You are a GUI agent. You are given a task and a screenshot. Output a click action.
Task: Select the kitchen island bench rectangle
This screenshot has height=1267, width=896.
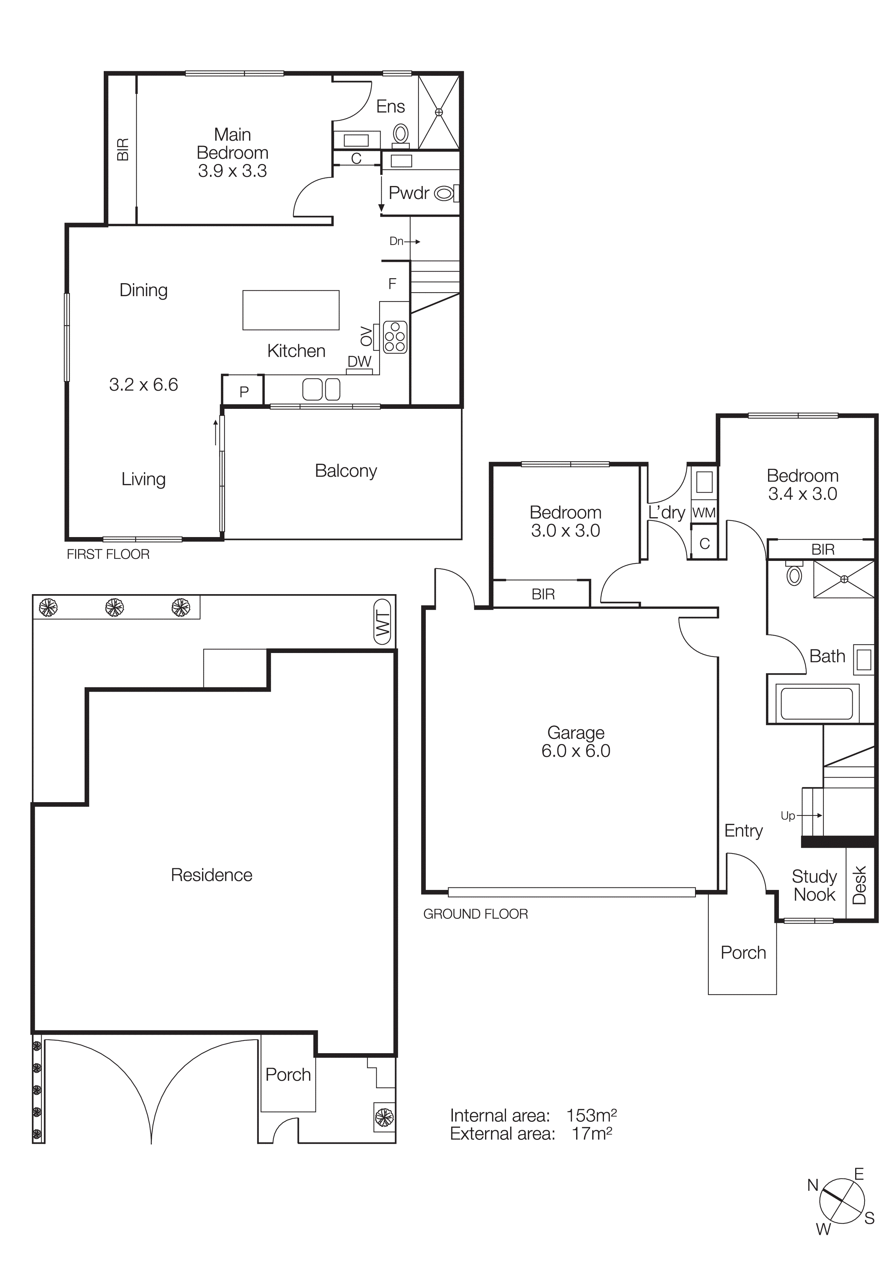click(291, 310)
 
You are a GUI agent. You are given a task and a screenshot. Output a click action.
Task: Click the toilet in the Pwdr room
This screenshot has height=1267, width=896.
click(445, 193)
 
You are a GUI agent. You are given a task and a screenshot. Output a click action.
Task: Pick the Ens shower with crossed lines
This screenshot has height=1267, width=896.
click(439, 112)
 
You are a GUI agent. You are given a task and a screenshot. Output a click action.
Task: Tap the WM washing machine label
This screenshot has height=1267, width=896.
click(704, 513)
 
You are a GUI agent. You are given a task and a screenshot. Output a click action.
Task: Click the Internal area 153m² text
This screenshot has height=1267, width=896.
click(533, 1115)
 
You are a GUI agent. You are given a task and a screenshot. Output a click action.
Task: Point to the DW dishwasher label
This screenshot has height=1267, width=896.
click(359, 362)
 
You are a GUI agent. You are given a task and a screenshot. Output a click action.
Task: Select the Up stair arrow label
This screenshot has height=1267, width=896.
click(788, 816)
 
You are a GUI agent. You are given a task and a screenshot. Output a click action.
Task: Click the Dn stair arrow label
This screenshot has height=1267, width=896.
click(396, 241)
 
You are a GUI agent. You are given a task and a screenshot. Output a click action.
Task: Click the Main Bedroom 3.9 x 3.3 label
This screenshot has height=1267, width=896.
click(232, 153)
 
